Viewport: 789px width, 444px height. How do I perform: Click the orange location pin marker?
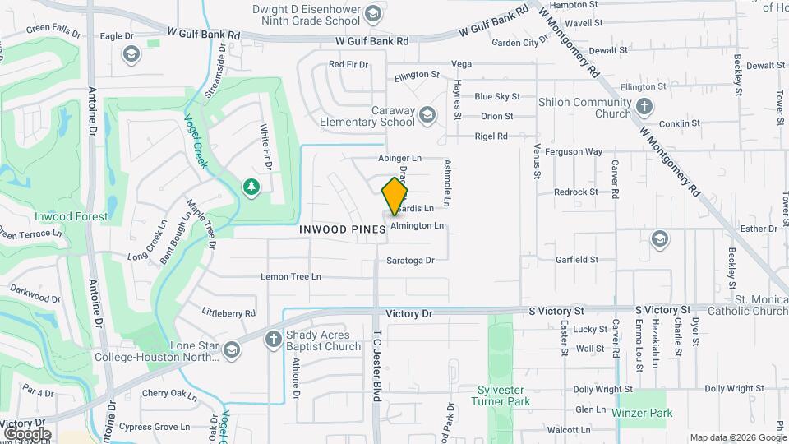[394, 197]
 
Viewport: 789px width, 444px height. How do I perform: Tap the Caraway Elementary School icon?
[427, 114]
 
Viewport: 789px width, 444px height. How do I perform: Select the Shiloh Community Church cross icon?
[644, 107]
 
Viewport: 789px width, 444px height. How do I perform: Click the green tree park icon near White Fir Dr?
[251, 187]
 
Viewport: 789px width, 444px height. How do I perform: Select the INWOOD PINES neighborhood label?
[343, 230]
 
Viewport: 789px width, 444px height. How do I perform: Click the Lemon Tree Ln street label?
[291, 277]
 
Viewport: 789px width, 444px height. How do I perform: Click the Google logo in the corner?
[26, 433]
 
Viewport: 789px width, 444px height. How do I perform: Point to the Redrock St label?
[576, 192]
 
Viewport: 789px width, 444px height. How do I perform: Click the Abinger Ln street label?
[399, 158]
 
